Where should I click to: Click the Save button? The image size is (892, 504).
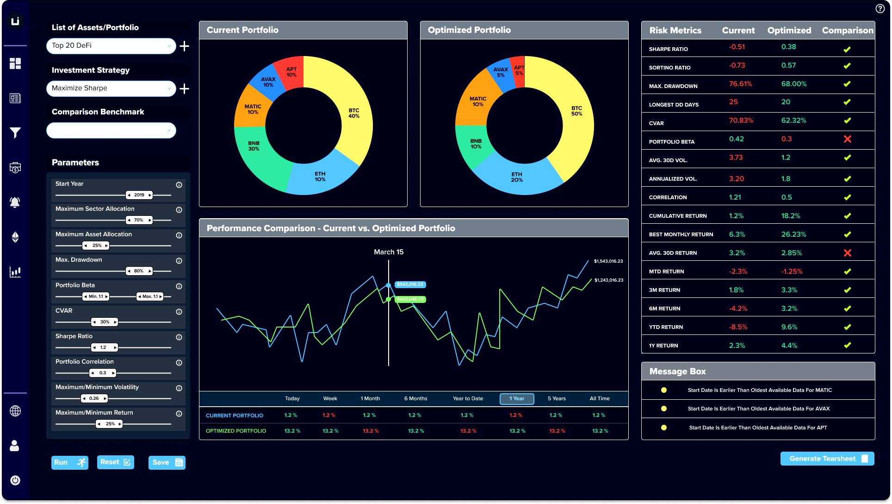tap(167, 462)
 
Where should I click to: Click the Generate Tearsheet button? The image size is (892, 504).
tap(827, 459)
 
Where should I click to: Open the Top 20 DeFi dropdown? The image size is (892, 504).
tap(111, 46)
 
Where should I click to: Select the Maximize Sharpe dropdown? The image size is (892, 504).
tap(111, 88)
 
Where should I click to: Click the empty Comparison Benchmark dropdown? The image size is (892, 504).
tap(111, 131)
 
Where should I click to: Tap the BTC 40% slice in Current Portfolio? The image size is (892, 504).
tap(354, 113)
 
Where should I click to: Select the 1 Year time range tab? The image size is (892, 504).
tap(517, 399)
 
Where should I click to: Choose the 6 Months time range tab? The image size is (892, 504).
tap(415, 399)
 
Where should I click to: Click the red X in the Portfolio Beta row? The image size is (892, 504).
tap(847, 139)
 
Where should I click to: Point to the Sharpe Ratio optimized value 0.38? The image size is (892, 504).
tap(788, 47)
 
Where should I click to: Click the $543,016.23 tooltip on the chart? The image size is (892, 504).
tap(410, 284)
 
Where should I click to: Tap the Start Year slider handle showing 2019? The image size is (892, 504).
tap(139, 195)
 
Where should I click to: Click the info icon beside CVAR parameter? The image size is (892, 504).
tap(179, 312)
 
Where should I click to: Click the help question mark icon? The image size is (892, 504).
tap(880, 8)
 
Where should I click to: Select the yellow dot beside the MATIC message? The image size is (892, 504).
tap(664, 390)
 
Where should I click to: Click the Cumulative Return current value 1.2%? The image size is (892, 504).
tap(736, 216)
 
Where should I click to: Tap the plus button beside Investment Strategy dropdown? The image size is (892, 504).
tap(184, 88)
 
